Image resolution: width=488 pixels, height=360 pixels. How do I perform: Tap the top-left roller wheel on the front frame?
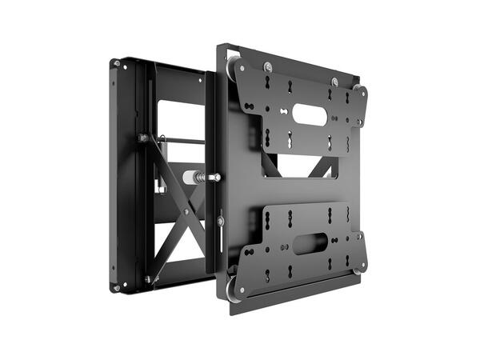(x=232, y=70)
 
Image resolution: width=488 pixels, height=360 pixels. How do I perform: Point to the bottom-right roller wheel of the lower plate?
(x=359, y=267)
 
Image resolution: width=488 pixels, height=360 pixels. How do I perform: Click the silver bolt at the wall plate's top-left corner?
(x=117, y=63)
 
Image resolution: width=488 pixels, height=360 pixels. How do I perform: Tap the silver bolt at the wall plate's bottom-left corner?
(x=117, y=287)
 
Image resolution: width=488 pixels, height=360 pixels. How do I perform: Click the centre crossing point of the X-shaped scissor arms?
(x=186, y=211)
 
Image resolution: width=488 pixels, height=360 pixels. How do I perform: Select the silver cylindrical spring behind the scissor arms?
(x=194, y=176)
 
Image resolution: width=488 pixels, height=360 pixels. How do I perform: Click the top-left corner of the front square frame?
(x=218, y=45)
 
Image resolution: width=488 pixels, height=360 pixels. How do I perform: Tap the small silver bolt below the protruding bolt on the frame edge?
(x=219, y=220)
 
